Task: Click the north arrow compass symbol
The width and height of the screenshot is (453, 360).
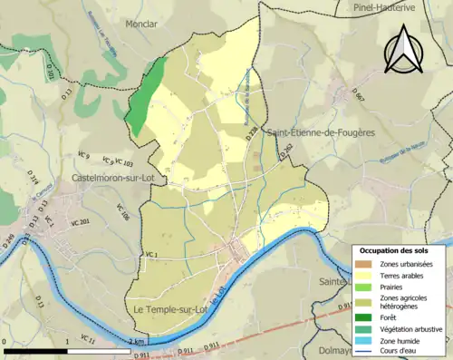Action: coord(405,49)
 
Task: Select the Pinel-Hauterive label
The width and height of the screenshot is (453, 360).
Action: coord(389,6)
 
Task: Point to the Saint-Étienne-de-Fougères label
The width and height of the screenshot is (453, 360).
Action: coord(321,133)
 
